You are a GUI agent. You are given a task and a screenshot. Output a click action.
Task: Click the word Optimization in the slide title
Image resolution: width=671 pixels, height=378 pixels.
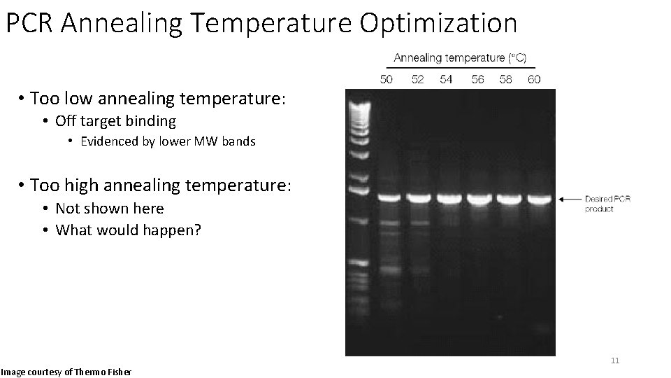(438, 23)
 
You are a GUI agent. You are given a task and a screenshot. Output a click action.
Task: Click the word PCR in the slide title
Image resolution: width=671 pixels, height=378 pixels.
(29, 23)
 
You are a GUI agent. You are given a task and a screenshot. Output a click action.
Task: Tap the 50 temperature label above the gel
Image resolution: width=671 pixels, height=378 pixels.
(386, 79)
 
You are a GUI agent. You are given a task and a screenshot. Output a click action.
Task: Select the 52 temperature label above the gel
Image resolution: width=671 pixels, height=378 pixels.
(417, 79)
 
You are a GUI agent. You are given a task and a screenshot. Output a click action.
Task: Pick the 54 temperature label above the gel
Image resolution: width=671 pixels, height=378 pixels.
(446, 79)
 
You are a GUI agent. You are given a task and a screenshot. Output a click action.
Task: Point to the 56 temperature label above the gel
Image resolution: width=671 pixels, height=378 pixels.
(477, 79)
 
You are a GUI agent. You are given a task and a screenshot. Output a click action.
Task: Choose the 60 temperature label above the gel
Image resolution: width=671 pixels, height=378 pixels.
(534, 79)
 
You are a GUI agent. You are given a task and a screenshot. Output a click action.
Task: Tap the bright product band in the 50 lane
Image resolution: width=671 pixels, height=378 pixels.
(388, 199)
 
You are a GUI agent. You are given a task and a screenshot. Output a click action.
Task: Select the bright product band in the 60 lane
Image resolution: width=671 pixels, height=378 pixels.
(539, 199)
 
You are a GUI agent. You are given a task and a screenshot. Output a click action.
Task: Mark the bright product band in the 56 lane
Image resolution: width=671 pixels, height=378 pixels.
(479, 199)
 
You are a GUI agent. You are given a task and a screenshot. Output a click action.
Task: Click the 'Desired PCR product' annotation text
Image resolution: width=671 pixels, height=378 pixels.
(607, 204)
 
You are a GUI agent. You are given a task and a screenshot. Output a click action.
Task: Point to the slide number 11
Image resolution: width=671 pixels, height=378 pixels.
(615, 360)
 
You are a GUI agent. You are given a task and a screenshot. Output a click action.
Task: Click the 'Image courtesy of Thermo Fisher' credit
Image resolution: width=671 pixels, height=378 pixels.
(66, 371)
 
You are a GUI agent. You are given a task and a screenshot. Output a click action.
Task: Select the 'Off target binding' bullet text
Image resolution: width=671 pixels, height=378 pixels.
(115, 121)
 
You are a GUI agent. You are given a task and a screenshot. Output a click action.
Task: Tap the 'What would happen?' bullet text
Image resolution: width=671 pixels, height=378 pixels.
(128, 230)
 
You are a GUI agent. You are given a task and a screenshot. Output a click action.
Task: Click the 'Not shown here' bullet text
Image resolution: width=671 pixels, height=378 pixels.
(109, 209)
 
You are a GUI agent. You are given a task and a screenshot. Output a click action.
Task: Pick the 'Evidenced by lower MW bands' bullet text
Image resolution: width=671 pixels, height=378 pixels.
(168, 141)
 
